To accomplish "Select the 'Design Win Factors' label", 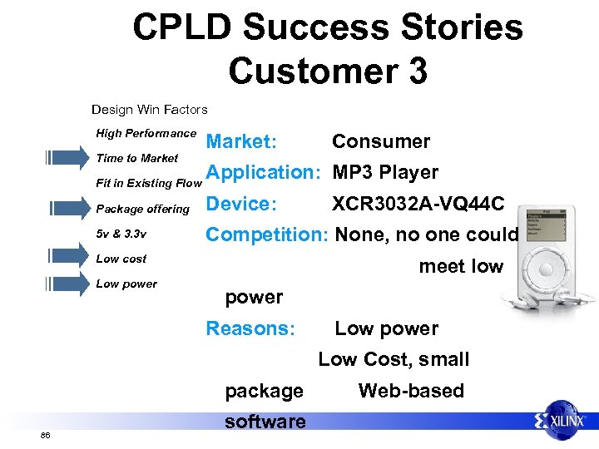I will pos(150,109).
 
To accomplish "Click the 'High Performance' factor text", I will pos(146,133).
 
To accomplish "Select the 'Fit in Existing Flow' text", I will pos(149,183).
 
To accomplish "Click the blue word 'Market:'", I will pos(241,141).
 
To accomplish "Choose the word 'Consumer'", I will pos(381,141).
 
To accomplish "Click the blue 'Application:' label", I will pos(264,173).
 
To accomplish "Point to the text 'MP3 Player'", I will pos(385,173).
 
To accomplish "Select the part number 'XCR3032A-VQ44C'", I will pos(417,204).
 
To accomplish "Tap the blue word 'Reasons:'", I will pos(250,328).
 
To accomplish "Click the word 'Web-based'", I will pos(411,391).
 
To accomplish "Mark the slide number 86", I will pos(45,435).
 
